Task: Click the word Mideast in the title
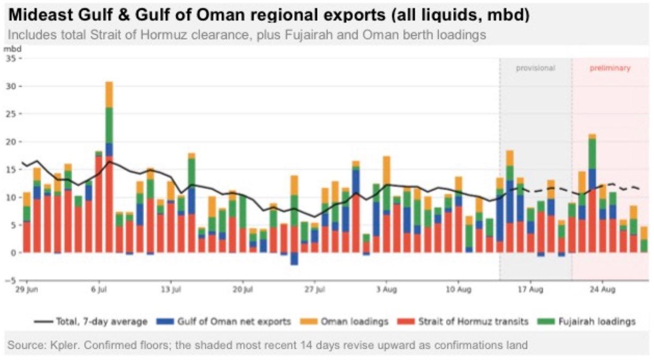(40, 14)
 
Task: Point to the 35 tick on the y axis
(11, 59)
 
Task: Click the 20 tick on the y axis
(11, 142)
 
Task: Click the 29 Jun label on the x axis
(27, 289)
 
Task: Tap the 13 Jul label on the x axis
(171, 289)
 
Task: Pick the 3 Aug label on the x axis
(387, 289)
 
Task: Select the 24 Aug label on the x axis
(603, 289)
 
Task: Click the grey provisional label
(536, 68)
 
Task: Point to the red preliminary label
(610, 68)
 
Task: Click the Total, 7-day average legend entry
(91, 321)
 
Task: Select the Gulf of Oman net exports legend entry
(224, 321)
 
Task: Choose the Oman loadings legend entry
(344, 321)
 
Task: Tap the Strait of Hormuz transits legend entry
(463, 321)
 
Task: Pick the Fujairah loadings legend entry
(587, 321)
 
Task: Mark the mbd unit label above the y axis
(12, 49)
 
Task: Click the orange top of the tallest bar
(109, 94)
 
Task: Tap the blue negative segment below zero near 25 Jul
(294, 259)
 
